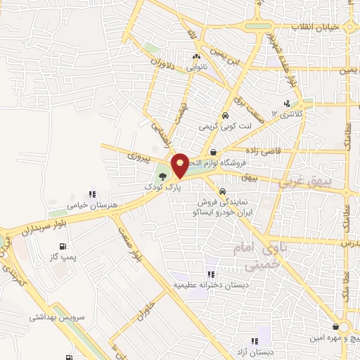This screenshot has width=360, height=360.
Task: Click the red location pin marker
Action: [180, 165]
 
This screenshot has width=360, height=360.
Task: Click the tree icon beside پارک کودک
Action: [163, 176]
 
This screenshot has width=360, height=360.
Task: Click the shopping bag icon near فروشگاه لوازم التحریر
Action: [213, 152]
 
